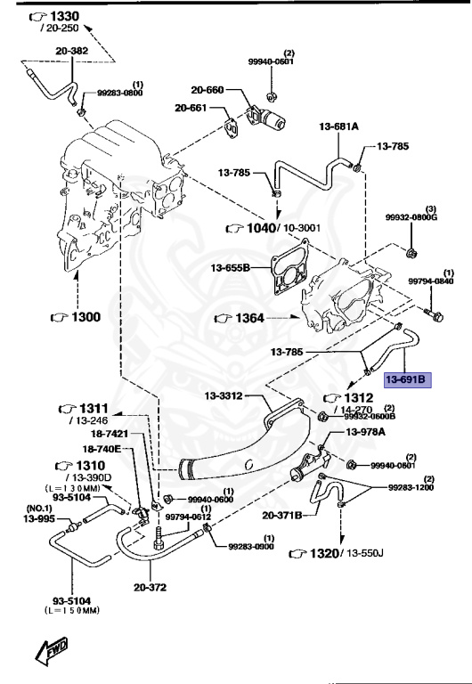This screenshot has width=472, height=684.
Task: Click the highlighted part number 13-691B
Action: pyautogui.click(x=407, y=380)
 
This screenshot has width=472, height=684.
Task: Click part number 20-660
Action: pyautogui.click(x=207, y=90)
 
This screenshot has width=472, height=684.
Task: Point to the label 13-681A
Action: pyautogui.click(x=338, y=127)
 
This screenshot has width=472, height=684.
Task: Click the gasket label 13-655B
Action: pyautogui.click(x=231, y=266)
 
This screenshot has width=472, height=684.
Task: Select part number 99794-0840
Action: pyautogui.click(x=431, y=281)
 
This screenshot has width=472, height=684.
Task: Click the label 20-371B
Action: pyautogui.click(x=283, y=515)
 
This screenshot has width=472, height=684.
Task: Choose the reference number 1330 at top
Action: pyautogui.click(x=54, y=16)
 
